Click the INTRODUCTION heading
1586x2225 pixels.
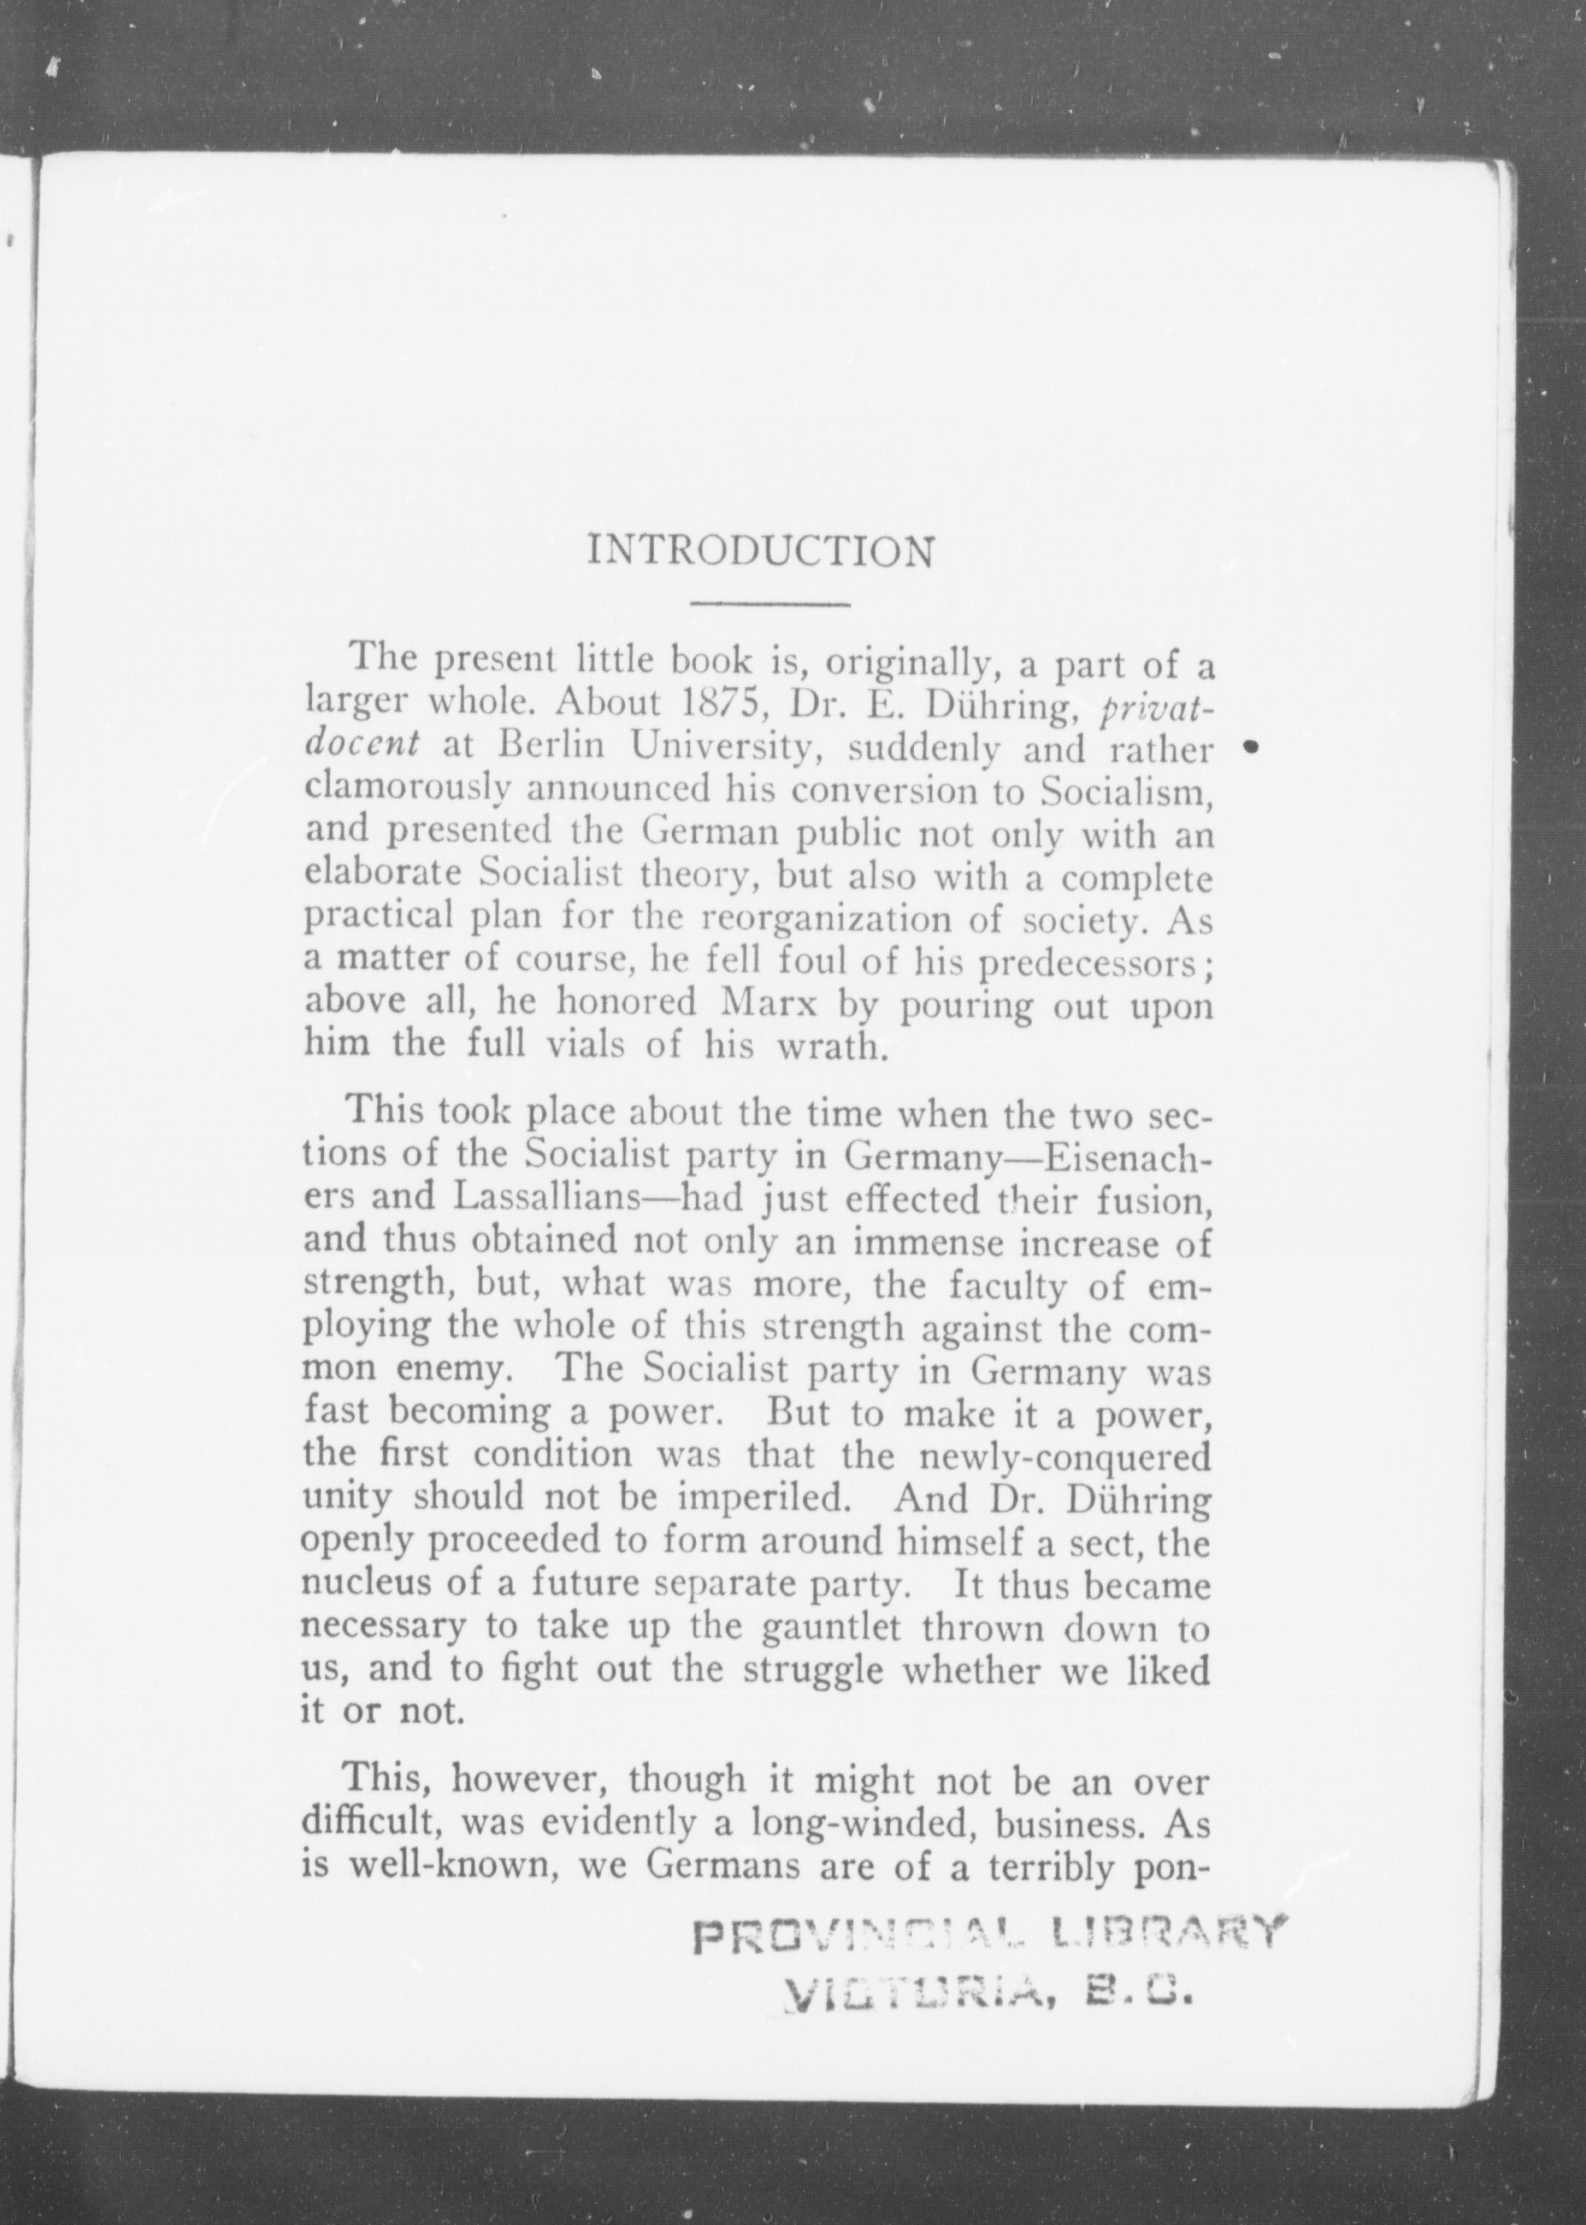(x=760, y=552)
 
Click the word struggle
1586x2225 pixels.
(x=813, y=1671)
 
